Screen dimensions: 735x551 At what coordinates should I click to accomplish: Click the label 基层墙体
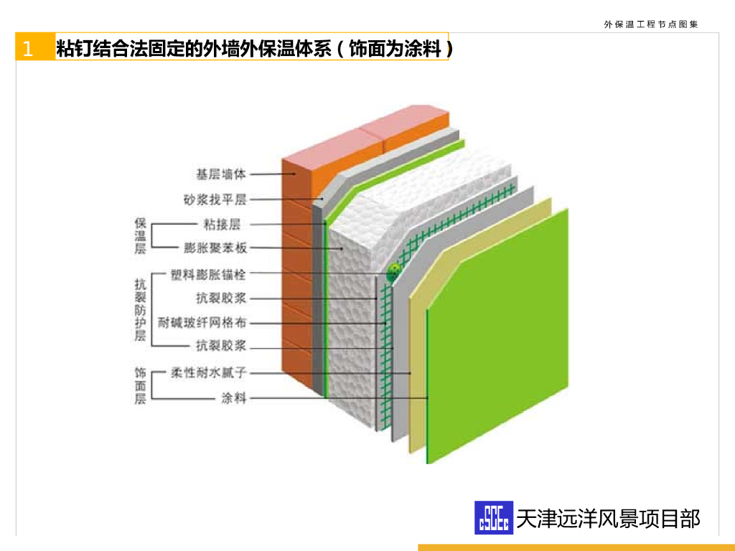[221, 174]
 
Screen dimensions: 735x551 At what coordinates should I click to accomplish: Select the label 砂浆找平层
[215, 199]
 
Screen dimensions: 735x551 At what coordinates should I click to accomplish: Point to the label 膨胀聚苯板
[215, 248]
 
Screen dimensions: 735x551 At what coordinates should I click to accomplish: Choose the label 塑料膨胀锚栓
[208, 273]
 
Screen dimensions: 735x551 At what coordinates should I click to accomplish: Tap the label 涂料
[234, 397]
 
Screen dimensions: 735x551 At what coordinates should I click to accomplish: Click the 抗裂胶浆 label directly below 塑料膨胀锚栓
[221, 298]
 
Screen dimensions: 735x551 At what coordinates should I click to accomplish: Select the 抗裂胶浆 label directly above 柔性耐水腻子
[221, 347]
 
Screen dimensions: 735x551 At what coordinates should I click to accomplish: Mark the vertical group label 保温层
[140, 236]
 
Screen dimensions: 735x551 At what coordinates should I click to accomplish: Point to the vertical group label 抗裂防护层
[140, 310]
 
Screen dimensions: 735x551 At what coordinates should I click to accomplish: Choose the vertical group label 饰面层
[140, 385]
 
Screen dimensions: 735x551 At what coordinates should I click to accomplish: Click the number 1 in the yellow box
[27, 49]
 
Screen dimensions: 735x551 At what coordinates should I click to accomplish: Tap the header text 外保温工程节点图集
[651, 24]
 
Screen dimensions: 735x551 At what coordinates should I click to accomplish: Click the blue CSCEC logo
[494, 517]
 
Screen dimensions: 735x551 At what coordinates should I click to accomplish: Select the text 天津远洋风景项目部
[608, 518]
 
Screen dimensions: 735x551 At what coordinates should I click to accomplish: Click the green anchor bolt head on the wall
[393, 273]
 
